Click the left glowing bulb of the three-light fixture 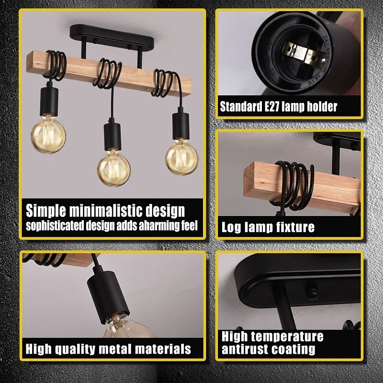click(x=48, y=135)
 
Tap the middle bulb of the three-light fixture click(x=114, y=169)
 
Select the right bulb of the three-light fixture click(x=182, y=158)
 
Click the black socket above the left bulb click(x=49, y=101)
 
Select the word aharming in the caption click(x=149, y=225)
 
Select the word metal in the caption click(x=114, y=349)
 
